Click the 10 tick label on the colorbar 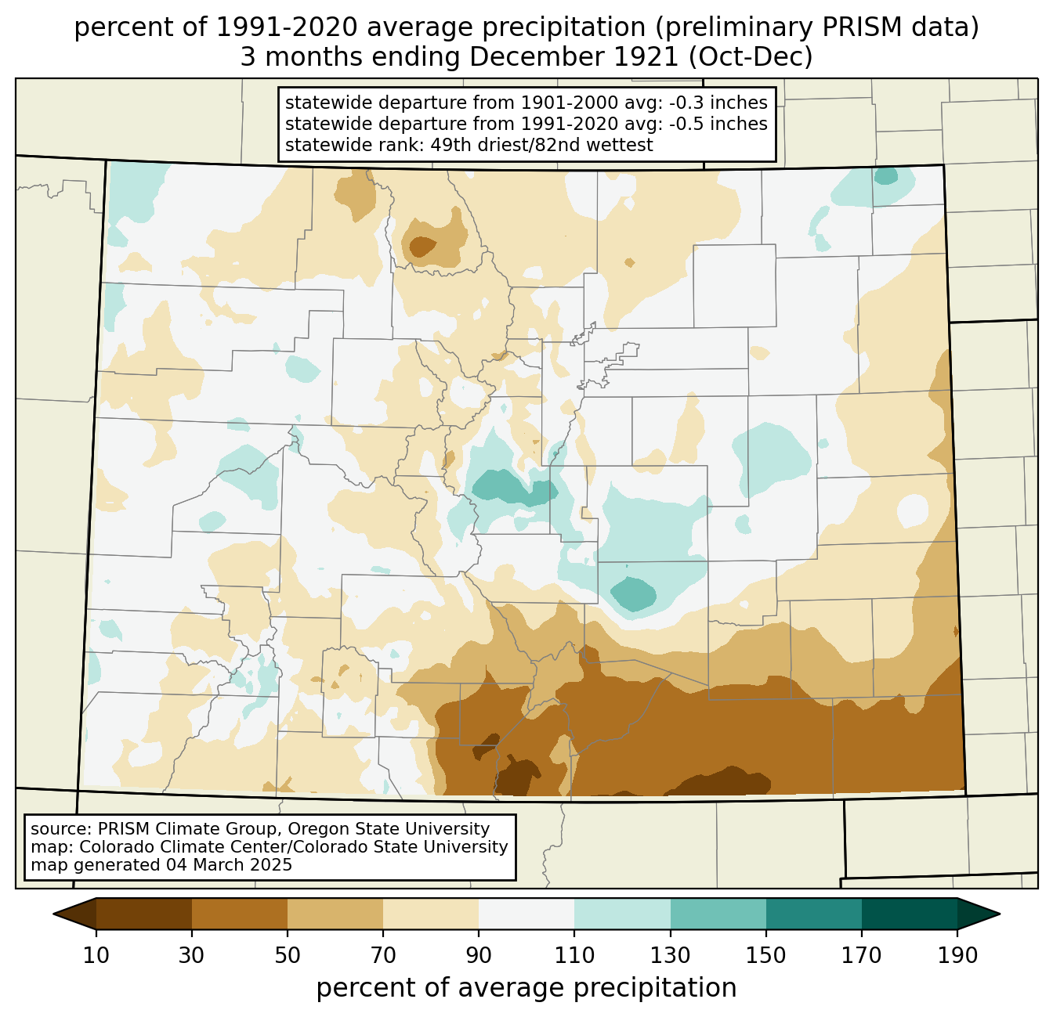96,955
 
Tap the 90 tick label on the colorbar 479,955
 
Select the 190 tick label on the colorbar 957,955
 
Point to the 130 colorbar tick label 671,955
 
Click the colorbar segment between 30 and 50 240,914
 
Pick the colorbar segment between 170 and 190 909,914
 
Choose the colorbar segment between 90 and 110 526,914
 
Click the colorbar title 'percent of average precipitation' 526,988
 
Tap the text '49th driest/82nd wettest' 541,145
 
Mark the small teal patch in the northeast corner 886,176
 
